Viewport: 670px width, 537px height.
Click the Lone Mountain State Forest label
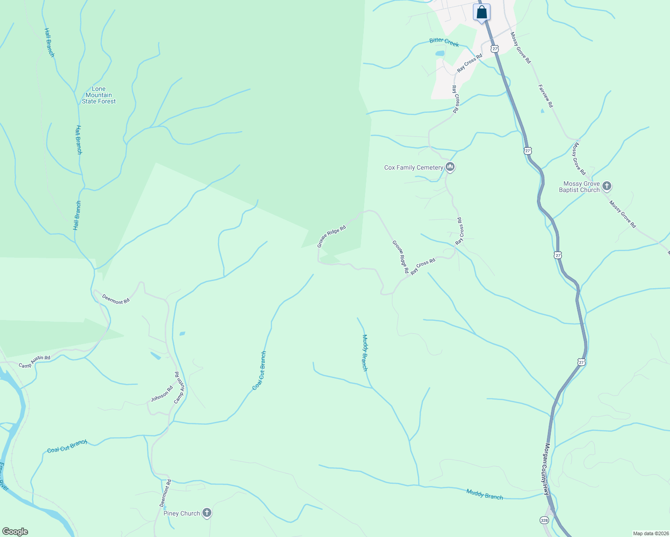point(99,95)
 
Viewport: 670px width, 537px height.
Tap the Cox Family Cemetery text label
point(413,168)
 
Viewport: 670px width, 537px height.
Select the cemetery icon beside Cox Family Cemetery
point(450,167)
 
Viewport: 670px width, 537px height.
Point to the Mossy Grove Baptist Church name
point(581,187)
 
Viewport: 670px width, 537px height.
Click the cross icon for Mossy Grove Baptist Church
point(607,186)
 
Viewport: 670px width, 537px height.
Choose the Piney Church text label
point(181,513)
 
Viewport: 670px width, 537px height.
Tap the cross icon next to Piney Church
point(206,513)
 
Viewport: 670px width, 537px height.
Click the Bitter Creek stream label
point(444,42)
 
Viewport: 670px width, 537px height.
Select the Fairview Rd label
point(545,96)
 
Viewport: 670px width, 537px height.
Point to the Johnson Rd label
point(162,394)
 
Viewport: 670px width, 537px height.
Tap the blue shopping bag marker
point(481,13)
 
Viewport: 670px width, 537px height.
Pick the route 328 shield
point(544,520)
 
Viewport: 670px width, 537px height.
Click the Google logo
point(15,532)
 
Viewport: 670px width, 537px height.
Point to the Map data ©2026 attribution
point(650,533)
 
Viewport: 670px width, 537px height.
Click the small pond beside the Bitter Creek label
point(440,53)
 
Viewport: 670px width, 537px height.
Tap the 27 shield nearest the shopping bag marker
point(494,48)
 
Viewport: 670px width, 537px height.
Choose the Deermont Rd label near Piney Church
point(165,494)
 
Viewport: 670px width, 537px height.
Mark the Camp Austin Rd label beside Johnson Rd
point(179,388)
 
